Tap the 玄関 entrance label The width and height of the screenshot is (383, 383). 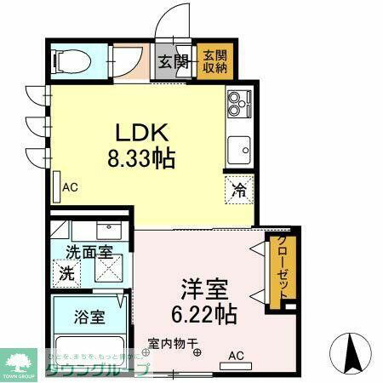point(173,61)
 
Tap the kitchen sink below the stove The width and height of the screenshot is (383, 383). point(238,148)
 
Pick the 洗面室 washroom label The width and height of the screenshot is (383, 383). point(89,252)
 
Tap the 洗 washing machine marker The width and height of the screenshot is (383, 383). point(66,274)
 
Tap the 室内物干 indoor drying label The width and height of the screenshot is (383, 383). point(173,344)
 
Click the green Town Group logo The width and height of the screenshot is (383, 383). point(21,362)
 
